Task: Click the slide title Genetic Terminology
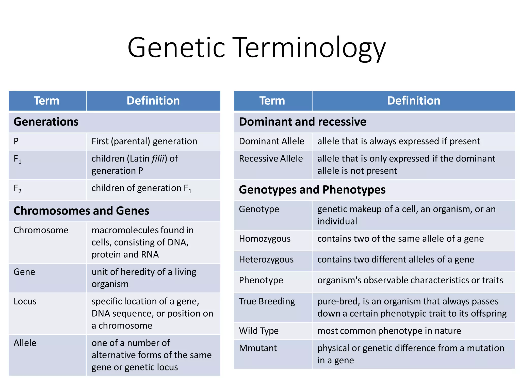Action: pyautogui.click(x=256, y=48)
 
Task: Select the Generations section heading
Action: pyautogui.click(x=46, y=122)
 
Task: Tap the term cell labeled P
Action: pyautogui.click(x=16, y=141)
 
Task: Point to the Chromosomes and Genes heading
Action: pyautogui.click(x=81, y=211)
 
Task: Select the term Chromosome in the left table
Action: pyautogui.click(x=41, y=230)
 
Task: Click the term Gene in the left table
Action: pyautogui.click(x=24, y=272)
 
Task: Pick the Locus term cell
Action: pyautogui.click(x=25, y=301)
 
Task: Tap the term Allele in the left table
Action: pyautogui.click(x=25, y=343)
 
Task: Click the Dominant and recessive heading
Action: pyautogui.click(x=302, y=122)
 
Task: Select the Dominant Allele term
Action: pyautogui.click(x=271, y=141)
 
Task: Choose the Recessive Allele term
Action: pyautogui.click(x=271, y=159)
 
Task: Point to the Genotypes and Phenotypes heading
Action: pyautogui.click(x=312, y=190)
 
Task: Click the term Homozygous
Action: pyautogui.click(x=265, y=239)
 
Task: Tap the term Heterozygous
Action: pyautogui.click(x=266, y=259)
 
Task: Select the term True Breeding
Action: pyautogui.click(x=267, y=301)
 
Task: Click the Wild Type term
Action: pyautogui.click(x=259, y=331)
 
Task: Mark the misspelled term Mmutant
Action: pyautogui.click(x=258, y=348)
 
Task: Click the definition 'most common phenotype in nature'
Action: pyautogui.click(x=389, y=331)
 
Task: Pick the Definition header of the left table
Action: pyautogui.click(x=153, y=101)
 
